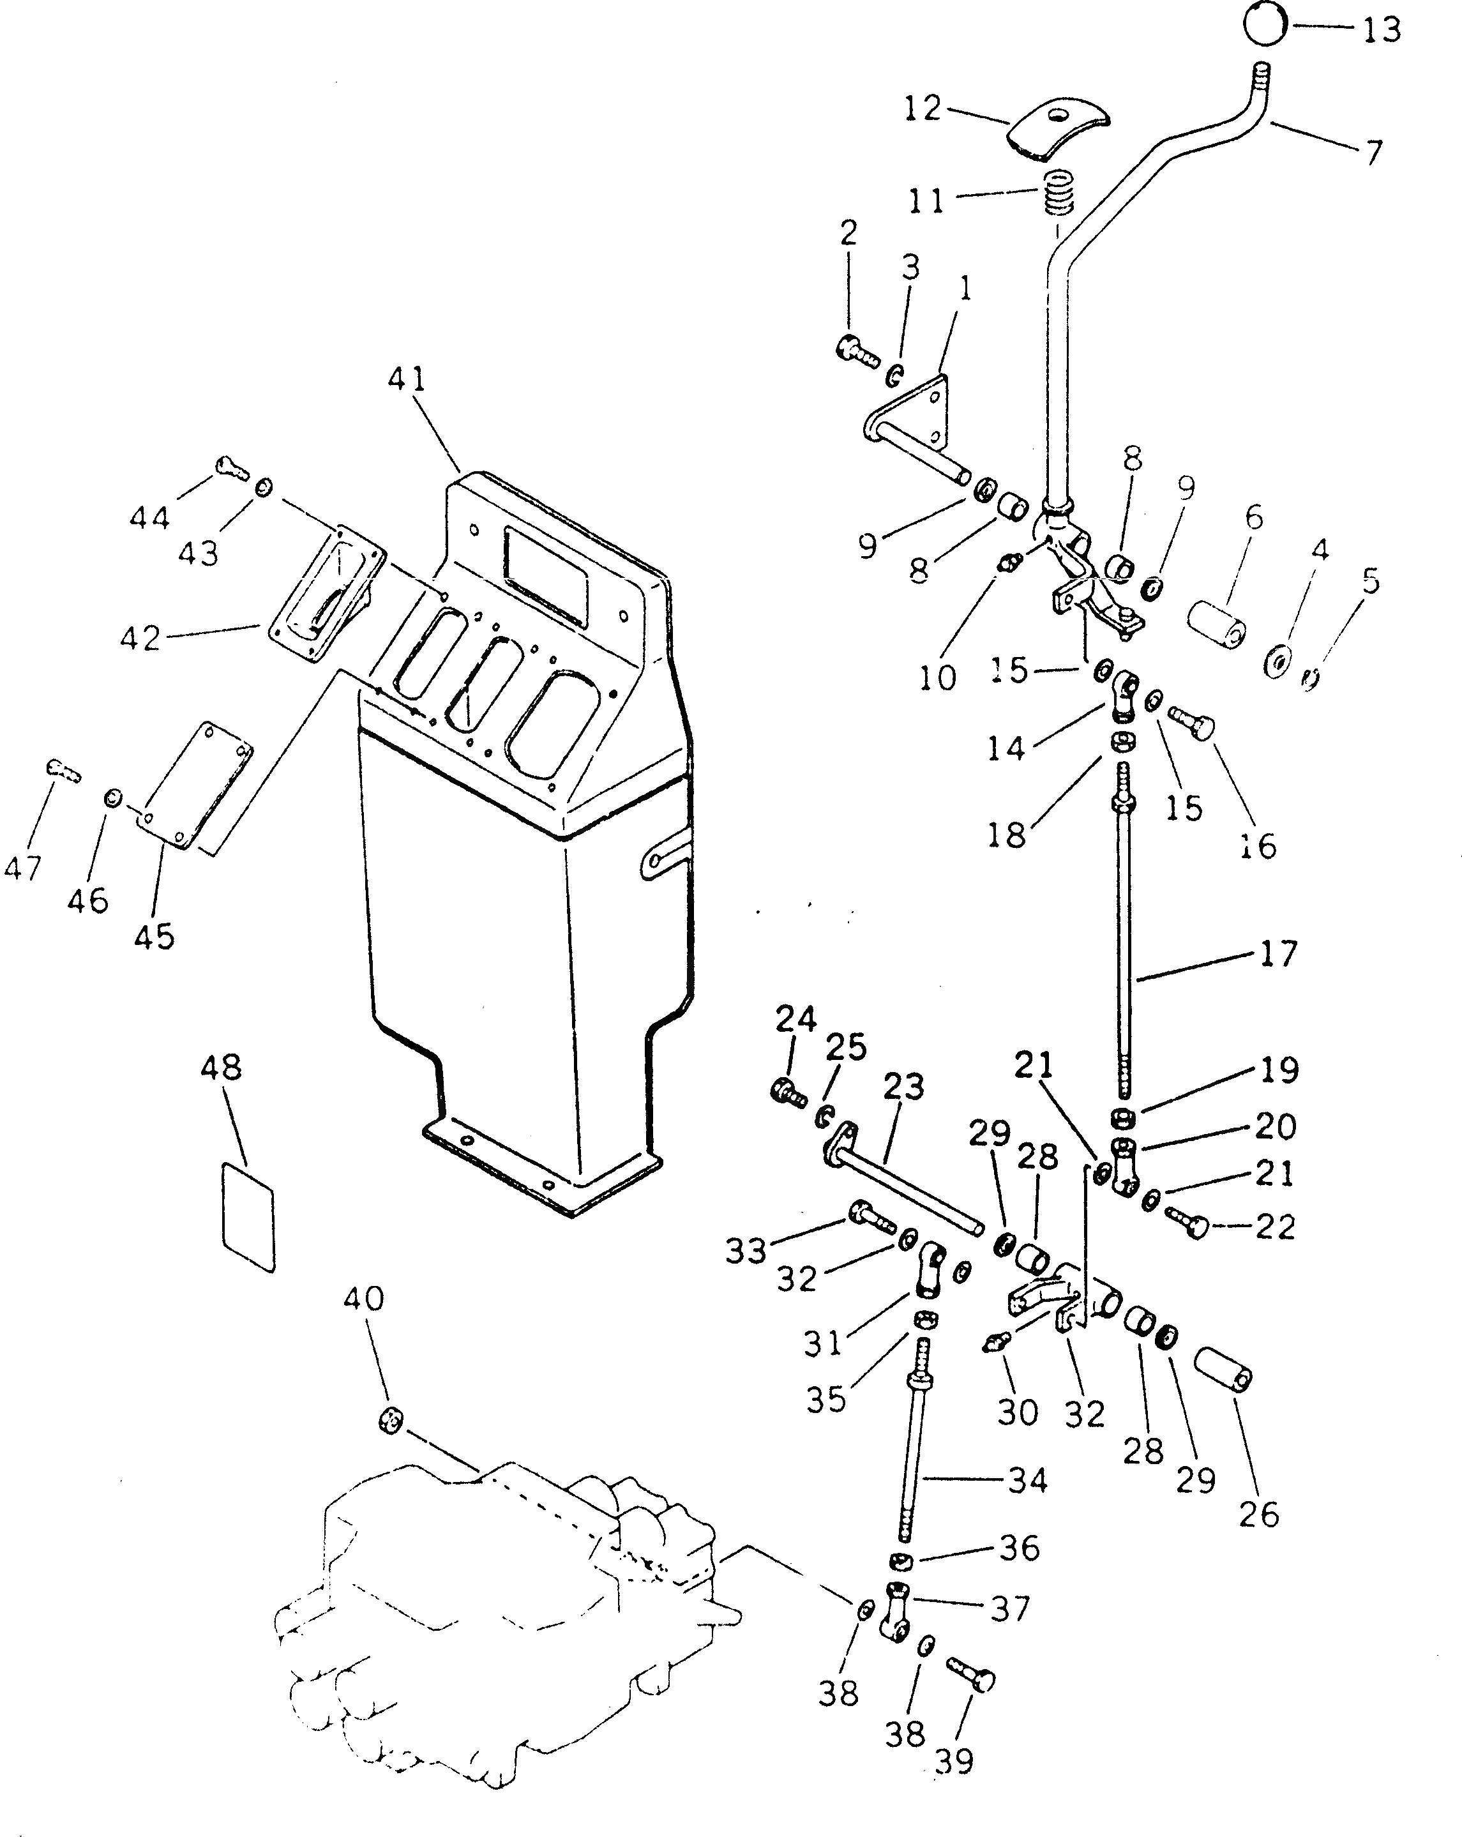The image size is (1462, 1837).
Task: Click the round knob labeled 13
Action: [x=1264, y=25]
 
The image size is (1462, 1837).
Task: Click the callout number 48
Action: [x=222, y=1068]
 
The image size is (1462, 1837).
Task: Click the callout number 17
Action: [x=1278, y=955]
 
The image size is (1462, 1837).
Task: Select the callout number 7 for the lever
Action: [x=1373, y=153]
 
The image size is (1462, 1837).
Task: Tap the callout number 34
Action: [x=1027, y=1481]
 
